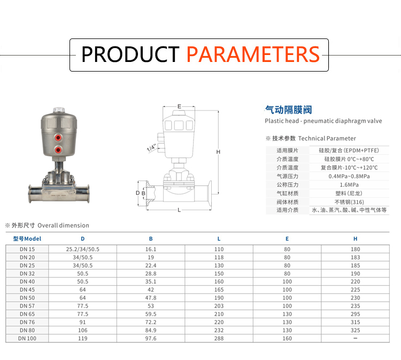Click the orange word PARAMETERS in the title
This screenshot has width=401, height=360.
[x=253, y=54]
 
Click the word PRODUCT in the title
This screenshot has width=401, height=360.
[x=130, y=54]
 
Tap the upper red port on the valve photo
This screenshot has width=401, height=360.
[x=58, y=138]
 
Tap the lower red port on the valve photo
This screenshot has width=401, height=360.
[x=58, y=150]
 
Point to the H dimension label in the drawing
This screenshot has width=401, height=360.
[x=218, y=152]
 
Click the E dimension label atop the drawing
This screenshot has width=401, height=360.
[x=179, y=106]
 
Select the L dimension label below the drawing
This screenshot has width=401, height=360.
[x=179, y=210]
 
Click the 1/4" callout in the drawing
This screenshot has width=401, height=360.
[x=151, y=148]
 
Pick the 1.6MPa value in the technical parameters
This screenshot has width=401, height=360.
[x=349, y=185]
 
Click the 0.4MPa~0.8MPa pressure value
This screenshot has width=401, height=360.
[x=349, y=176]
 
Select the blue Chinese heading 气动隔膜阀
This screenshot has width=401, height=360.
[x=289, y=110]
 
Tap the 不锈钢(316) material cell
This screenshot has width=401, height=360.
[x=349, y=202]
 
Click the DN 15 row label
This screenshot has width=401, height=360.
[x=27, y=249]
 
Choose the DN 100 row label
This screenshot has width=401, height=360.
[x=27, y=338]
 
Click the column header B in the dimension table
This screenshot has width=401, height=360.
[x=151, y=239]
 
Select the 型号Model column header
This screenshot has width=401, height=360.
[x=27, y=239]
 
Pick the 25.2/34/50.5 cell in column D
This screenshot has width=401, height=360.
[x=82, y=249]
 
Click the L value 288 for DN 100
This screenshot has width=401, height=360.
[x=219, y=338]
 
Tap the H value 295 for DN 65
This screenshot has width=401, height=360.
[x=355, y=314]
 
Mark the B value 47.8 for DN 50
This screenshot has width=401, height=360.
[x=151, y=298]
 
